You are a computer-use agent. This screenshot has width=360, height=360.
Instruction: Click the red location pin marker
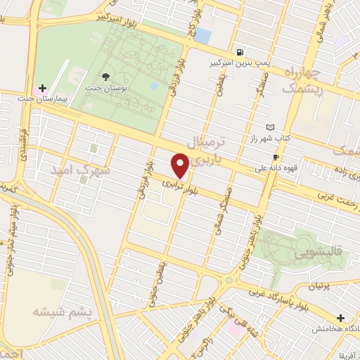[181, 166]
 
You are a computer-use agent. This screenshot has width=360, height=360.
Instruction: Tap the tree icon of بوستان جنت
[105, 76]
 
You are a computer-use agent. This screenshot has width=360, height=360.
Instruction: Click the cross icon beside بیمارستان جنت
[43, 89]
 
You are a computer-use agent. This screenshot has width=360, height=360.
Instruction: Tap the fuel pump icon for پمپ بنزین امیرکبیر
[240, 51]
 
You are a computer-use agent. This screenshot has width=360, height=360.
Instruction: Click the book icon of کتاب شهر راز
[271, 127]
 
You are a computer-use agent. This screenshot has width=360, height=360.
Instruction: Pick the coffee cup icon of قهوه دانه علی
[276, 156]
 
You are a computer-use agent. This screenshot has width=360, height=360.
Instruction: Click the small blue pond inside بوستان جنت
[153, 86]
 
